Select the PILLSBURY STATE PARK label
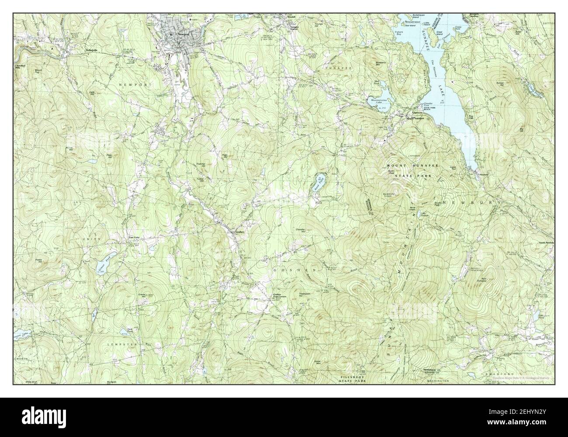pyautogui.click(x=355, y=378)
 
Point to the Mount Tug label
pyautogui.click(x=39, y=71)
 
